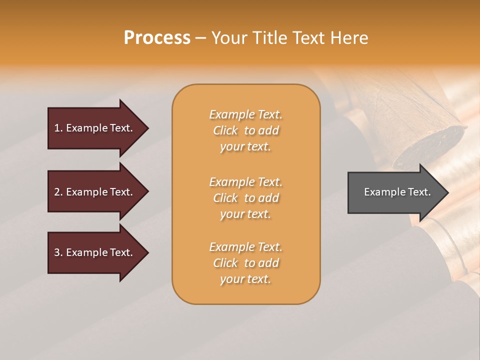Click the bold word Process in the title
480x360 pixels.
point(157,38)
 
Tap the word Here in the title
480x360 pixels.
point(350,38)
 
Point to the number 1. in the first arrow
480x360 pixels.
point(58,128)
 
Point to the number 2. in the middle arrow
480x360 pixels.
point(58,192)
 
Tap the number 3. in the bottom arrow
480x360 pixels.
point(58,252)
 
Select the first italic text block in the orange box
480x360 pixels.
point(245,130)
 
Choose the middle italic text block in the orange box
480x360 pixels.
point(245,198)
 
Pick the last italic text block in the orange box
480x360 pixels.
point(245,263)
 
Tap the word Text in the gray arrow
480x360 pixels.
point(419,192)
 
